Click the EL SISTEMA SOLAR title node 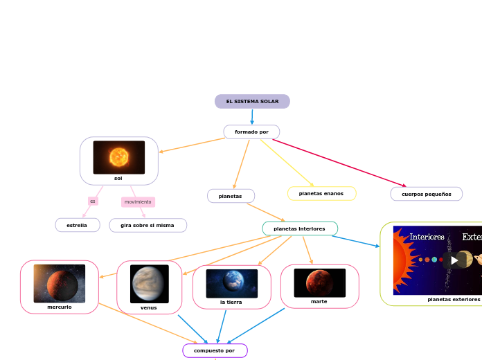coord(252,102)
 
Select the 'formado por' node coord(251,132)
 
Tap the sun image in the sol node coord(119,157)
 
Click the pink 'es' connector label coord(93,201)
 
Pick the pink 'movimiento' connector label coord(138,202)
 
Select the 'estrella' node coord(77,225)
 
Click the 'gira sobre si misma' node coord(148,225)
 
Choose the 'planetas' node coord(231,196)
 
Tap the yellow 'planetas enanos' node coord(321,194)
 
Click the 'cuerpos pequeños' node coord(427,194)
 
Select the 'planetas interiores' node coord(299,228)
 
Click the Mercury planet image coord(60,283)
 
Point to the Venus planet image coord(150,284)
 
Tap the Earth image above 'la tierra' coord(232,283)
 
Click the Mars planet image coord(319,282)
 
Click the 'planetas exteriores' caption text coord(454,300)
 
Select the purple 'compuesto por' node coord(215,351)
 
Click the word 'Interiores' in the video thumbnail coord(427,237)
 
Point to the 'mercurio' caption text coord(60,307)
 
